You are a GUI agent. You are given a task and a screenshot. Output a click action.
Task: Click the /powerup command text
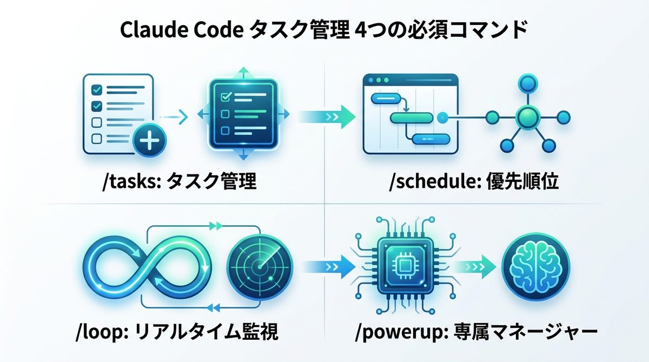(395, 331)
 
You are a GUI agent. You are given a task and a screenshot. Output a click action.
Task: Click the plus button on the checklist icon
(149, 143)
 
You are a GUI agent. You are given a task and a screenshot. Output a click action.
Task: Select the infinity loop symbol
(146, 266)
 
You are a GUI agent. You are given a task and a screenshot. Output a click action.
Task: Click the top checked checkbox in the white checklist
(97, 90)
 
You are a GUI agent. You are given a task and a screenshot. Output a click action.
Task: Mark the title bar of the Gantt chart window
(410, 80)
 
